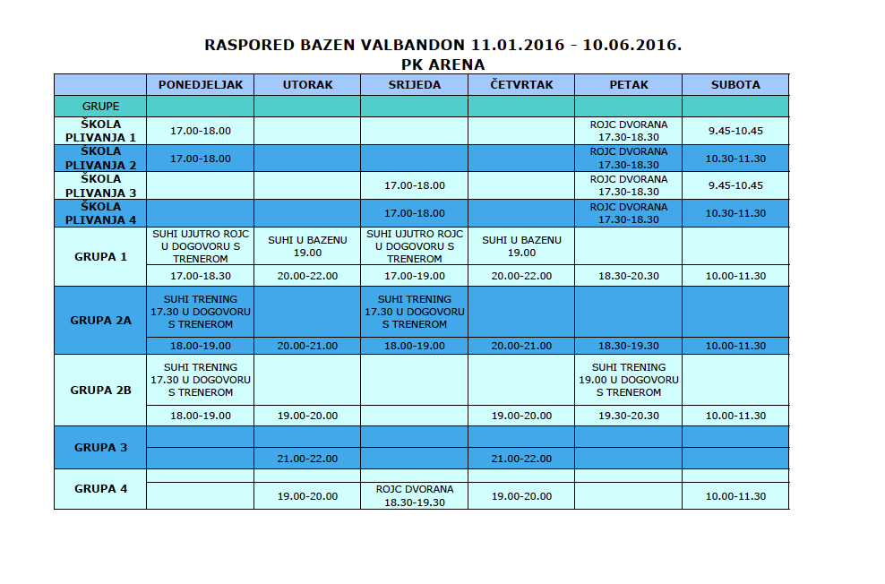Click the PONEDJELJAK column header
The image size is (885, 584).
click(201, 85)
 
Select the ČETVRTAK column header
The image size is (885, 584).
click(521, 85)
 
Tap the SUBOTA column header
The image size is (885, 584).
click(735, 85)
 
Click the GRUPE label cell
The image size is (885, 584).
click(100, 106)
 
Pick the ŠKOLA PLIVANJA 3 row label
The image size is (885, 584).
click(100, 185)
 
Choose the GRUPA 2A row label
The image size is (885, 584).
click(100, 319)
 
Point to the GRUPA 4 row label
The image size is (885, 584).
click(100, 488)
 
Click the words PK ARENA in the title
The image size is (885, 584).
click(443, 64)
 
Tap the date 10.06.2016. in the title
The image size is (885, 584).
click(632, 45)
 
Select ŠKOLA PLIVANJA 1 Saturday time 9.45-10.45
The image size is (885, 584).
click(735, 131)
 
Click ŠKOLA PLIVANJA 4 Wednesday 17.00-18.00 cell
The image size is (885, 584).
click(414, 213)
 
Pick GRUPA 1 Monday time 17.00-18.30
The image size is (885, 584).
click(201, 276)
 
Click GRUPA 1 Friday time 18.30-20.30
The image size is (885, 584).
click(628, 276)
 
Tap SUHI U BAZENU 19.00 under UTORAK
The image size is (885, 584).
click(307, 246)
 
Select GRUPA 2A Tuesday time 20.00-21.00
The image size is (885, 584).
click(307, 346)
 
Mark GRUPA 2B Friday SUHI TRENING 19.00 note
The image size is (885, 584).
click(628, 380)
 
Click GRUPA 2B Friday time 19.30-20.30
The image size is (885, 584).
click(628, 416)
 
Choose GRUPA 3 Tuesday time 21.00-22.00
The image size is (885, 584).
click(307, 459)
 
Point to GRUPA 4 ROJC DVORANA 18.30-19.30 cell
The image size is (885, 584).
click(414, 495)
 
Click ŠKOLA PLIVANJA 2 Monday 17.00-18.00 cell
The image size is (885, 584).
click(201, 159)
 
